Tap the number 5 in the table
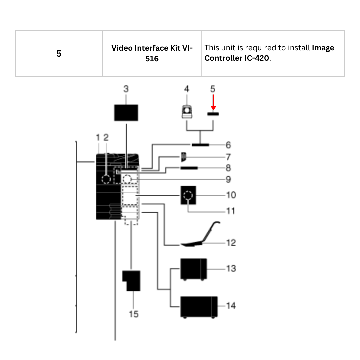tap(59, 54)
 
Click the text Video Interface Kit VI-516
tap(152, 53)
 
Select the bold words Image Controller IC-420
tap(269, 53)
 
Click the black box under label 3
tap(126, 112)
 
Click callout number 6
tap(228, 145)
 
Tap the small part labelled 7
tap(184, 156)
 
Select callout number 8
tap(228, 168)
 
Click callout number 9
tap(228, 179)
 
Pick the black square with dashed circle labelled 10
tap(188, 195)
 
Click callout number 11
tap(231, 211)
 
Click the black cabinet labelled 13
tap(193, 269)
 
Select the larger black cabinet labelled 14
tap(199, 306)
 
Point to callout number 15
tap(134, 314)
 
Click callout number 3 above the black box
tap(126, 89)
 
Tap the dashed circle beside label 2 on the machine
tap(106, 179)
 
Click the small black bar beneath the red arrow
tap(213, 114)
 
